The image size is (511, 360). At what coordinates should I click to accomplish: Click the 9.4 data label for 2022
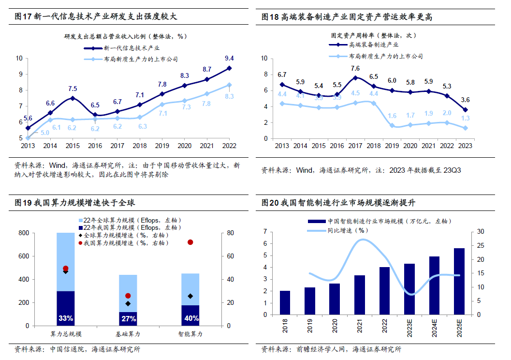(x=229, y=59)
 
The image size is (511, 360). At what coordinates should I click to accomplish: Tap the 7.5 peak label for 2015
(x=73, y=89)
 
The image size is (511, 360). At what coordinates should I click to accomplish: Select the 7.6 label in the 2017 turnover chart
(x=355, y=68)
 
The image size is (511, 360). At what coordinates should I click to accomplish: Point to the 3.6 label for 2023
(x=465, y=100)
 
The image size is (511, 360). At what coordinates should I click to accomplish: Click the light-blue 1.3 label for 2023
(x=465, y=119)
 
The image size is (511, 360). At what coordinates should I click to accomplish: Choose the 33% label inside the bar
(x=66, y=318)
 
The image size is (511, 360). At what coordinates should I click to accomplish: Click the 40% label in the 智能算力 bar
(x=190, y=318)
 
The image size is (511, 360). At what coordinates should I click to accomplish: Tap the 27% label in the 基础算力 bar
(x=128, y=318)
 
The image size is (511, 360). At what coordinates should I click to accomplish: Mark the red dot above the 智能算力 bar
(x=190, y=242)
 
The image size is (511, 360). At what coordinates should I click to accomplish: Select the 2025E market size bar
(x=459, y=281)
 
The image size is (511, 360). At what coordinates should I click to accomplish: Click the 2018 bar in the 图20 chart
(x=285, y=302)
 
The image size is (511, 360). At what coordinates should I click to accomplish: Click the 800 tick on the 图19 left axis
(x=23, y=233)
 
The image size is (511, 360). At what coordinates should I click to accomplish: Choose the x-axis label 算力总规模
(x=66, y=334)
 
